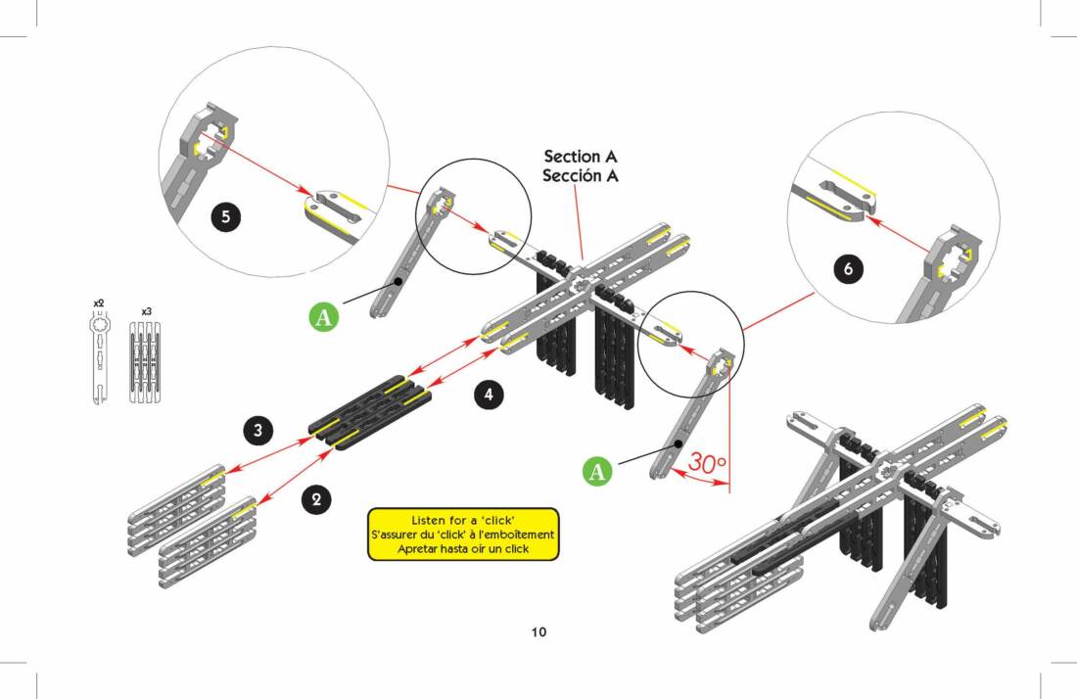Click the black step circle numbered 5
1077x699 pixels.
pyautogui.click(x=226, y=216)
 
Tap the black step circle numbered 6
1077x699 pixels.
pyautogui.click(x=849, y=268)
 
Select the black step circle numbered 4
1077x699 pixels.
pyautogui.click(x=489, y=395)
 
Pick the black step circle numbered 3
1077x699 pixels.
pyautogui.click(x=258, y=429)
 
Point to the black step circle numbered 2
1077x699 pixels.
pyautogui.click(x=315, y=499)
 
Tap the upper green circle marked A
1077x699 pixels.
pyautogui.click(x=324, y=317)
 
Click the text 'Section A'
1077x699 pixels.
pyautogui.click(x=581, y=157)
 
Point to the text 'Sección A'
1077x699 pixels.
pyautogui.click(x=581, y=176)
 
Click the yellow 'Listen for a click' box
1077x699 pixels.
pyautogui.click(x=463, y=534)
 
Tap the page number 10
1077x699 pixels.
pyautogui.click(x=538, y=631)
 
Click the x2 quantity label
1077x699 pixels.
pyautogui.click(x=99, y=304)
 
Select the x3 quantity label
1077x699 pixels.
pyautogui.click(x=146, y=311)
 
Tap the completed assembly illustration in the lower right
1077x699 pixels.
pyautogui.click(x=842, y=519)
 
